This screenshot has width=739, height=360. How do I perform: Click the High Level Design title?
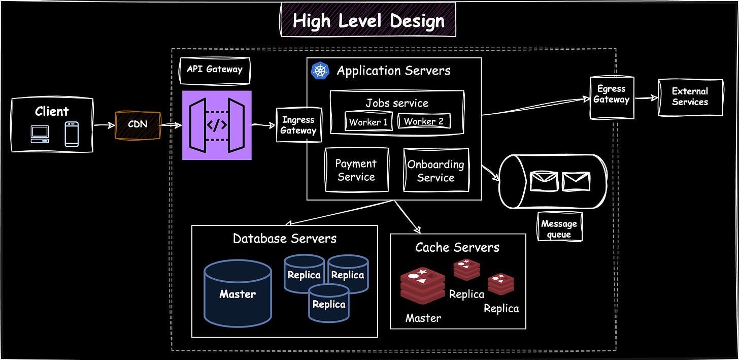[x=368, y=21]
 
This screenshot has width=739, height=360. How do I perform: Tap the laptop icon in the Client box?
[x=39, y=134]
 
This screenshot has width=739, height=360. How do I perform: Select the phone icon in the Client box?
[x=72, y=134]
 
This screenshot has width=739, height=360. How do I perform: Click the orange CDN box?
[x=138, y=125]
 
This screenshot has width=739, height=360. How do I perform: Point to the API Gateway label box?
[x=215, y=70]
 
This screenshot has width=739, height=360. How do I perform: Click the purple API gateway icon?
[x=217, y=125]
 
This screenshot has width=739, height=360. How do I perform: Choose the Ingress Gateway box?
[x=299, y=125]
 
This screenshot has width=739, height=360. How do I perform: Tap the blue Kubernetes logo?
[x=320, y=71]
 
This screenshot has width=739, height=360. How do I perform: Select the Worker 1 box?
[x=368, y=122]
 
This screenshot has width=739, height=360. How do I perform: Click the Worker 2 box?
[x=424, y=121]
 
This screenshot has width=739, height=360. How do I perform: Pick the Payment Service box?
[x=356, y=170]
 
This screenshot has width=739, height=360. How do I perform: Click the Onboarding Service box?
[x=435, y=171]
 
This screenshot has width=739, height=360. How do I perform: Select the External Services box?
[x=690, y=97]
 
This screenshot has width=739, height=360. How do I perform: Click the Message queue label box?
[x=559, y=228]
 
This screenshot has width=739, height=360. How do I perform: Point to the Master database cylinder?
[x=238, y=293]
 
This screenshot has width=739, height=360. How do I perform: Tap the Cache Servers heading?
[x=457, y=247]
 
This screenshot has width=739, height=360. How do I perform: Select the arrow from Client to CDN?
[x=104, y=125]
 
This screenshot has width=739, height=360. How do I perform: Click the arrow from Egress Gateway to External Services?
[x=646, y=98]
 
